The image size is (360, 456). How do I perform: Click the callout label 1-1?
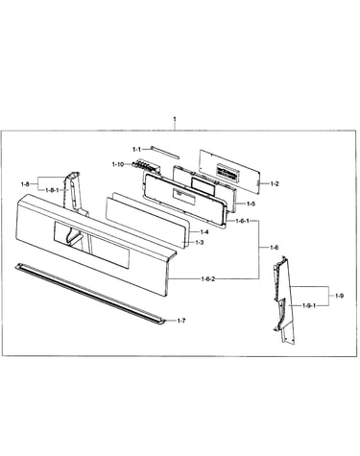click(x=136, y=150)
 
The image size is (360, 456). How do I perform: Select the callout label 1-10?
click(x=118, y=164)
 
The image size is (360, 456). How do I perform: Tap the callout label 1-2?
click(x=275, y=183)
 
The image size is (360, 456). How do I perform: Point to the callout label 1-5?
click(x=251, y=204)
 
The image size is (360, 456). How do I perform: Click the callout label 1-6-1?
click(x=242, y=221)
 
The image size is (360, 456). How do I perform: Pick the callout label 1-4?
click(x=204, y=232)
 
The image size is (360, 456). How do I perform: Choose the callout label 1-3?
click(x=200, y=243)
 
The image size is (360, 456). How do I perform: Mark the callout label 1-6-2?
click(x=208, y=279)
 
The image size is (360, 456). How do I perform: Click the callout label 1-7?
click(x=181, y=321)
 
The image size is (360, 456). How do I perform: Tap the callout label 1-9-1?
click(x=309, y=305)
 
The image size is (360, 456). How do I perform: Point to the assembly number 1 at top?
click(x=175, y=119)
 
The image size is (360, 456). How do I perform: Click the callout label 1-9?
click(x=340, y=296)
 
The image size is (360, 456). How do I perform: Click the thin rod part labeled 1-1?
click(x=165, y=152)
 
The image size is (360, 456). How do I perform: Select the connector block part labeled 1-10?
click(x=146, y=166)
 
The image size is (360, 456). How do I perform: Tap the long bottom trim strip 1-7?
click(x=90, y=294)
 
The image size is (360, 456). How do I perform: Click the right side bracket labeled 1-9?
click(x=284, y=300)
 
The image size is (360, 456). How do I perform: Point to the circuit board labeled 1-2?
click(x=229, y=172)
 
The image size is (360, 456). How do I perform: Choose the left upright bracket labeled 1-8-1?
click(x=75, y=195)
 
